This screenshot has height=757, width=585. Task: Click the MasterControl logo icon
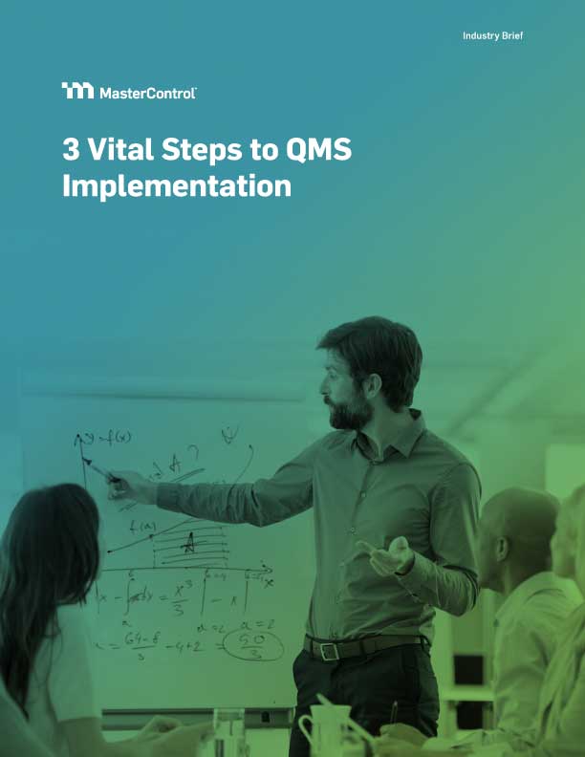(x=77, y=91)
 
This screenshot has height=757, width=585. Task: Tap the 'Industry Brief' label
(x=492, y=35)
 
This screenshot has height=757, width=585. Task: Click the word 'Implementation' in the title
(x=177, y=185)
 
